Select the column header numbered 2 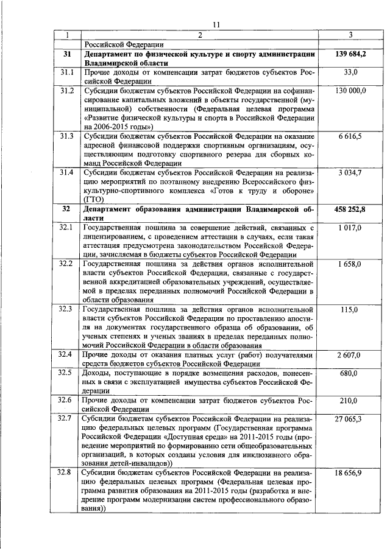click(199, 34)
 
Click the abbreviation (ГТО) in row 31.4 click(94, 199)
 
